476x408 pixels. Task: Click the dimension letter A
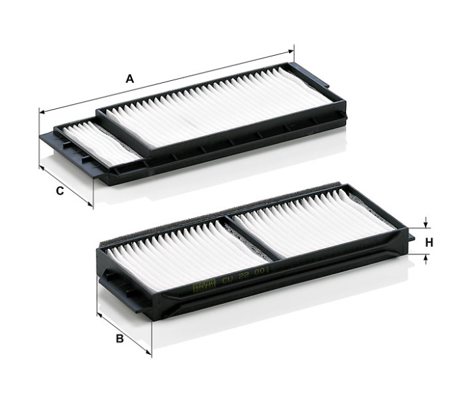[129, 79]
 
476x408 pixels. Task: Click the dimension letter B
[120, 338]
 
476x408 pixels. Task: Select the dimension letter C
[60, 191]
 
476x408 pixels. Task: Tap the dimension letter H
[429, 241]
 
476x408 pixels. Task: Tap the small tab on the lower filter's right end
[411, 237]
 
